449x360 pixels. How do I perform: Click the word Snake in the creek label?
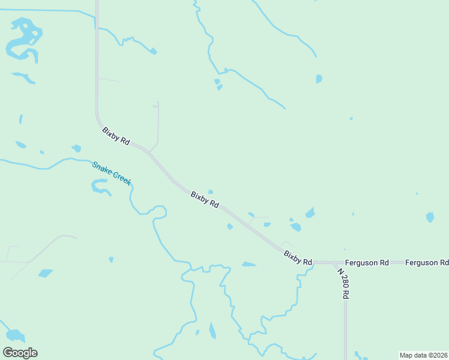[101, 167]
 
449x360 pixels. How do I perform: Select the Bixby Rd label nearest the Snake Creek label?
[116, 136]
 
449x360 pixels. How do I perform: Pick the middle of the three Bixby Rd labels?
[205, 199]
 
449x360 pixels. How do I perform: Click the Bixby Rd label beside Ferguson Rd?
[298, 259]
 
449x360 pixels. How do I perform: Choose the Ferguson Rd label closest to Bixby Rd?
[367, 263]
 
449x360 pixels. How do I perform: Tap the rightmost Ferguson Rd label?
[427, 263]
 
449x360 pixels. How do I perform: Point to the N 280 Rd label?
[343, 283]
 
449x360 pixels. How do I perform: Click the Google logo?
[20, 353]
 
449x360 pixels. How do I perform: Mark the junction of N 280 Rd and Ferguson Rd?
[335, 263]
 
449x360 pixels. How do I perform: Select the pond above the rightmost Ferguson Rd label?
[430, 217]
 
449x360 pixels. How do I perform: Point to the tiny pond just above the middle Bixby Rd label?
[210, 191]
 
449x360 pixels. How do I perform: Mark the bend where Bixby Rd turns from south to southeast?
[98, 118]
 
